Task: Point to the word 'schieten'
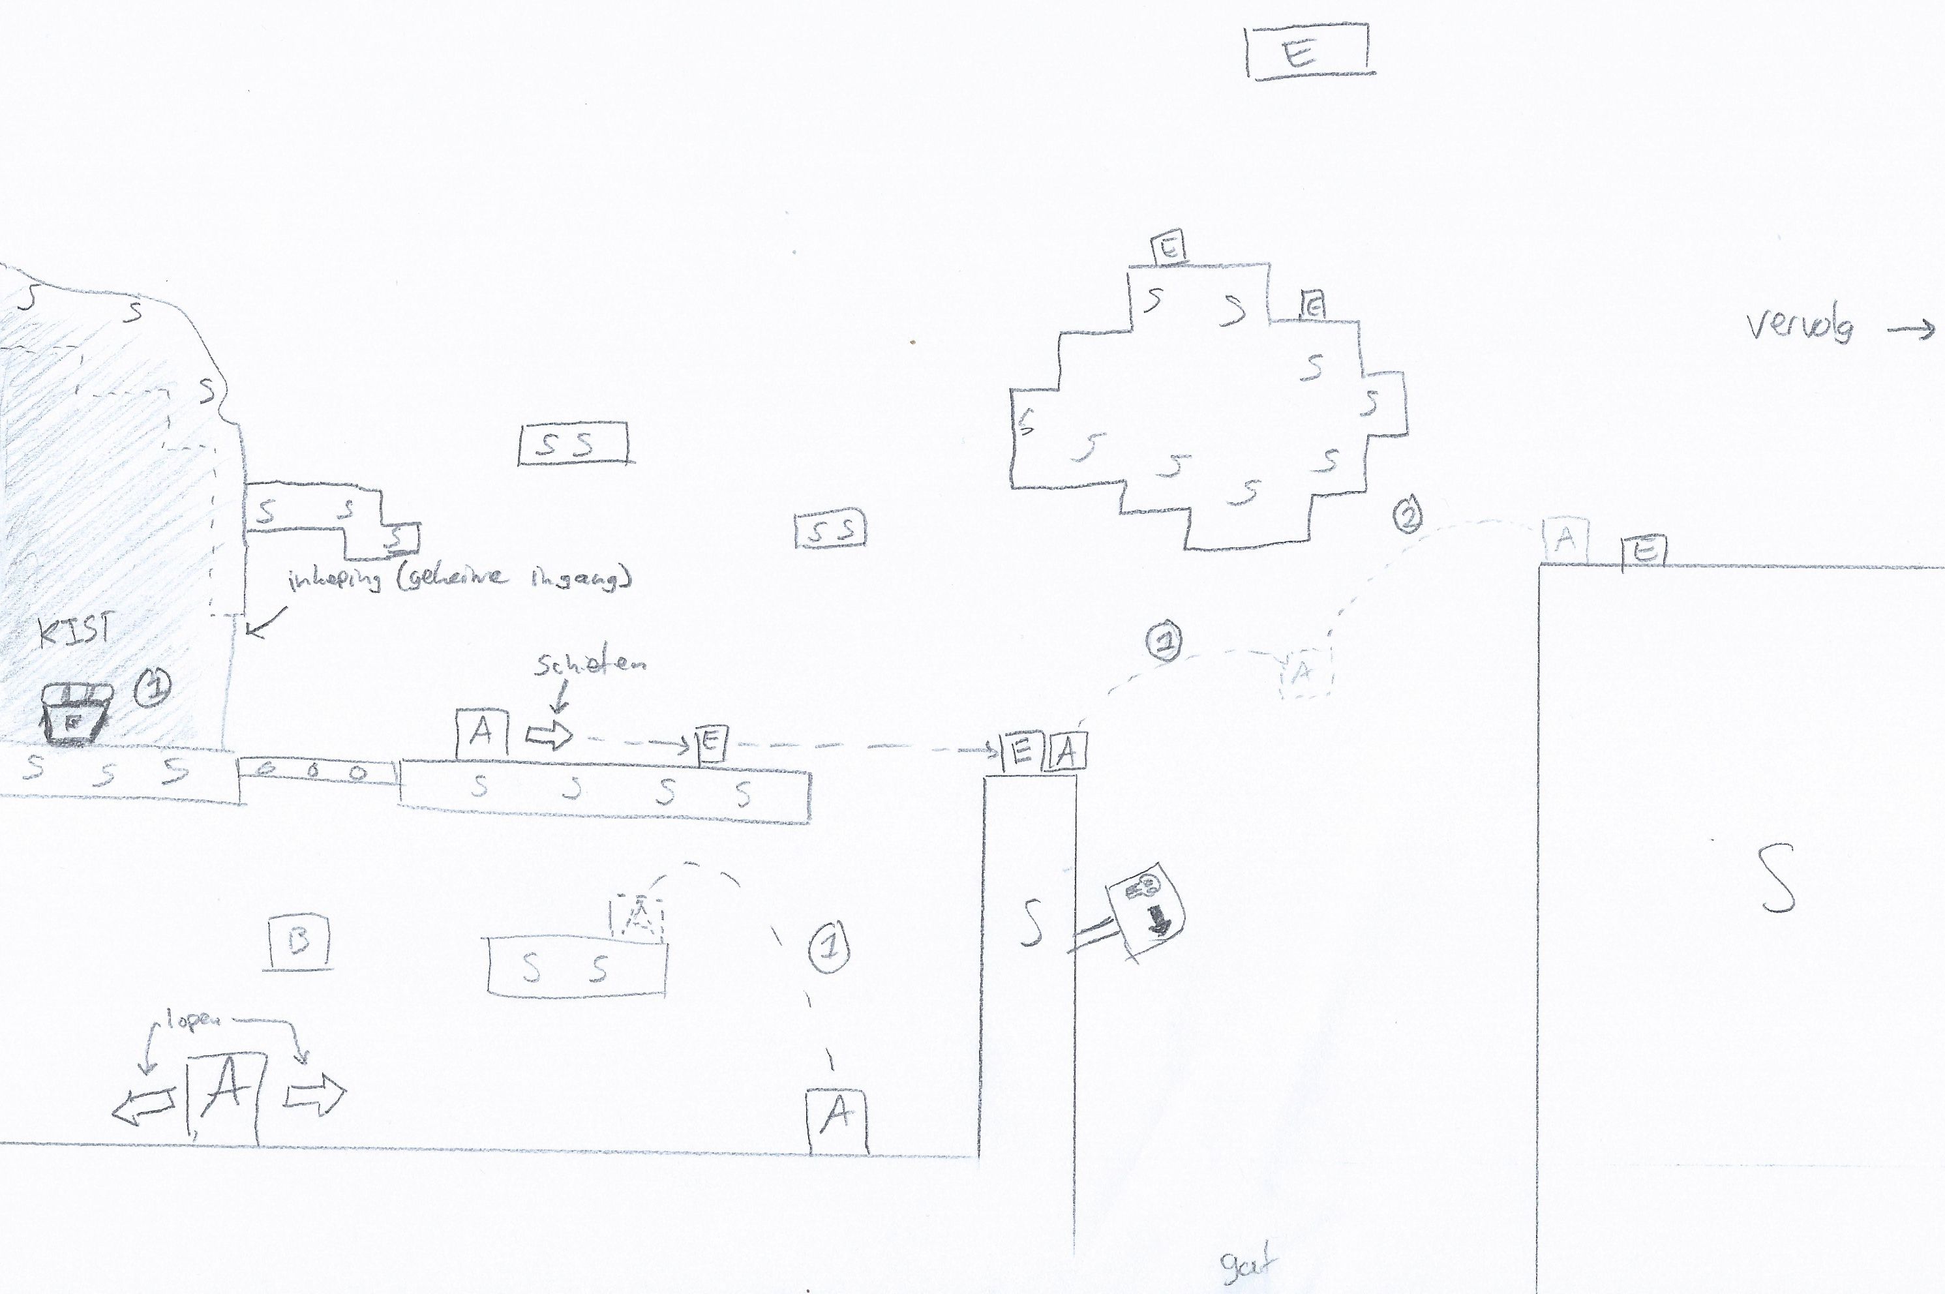pos(590,665)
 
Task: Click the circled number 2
pos(1408,514)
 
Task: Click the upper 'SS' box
pos(573,444)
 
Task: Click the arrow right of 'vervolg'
pos(1911,330)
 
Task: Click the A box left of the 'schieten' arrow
pos(481,731)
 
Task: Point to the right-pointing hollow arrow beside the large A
pos(315,1095)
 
